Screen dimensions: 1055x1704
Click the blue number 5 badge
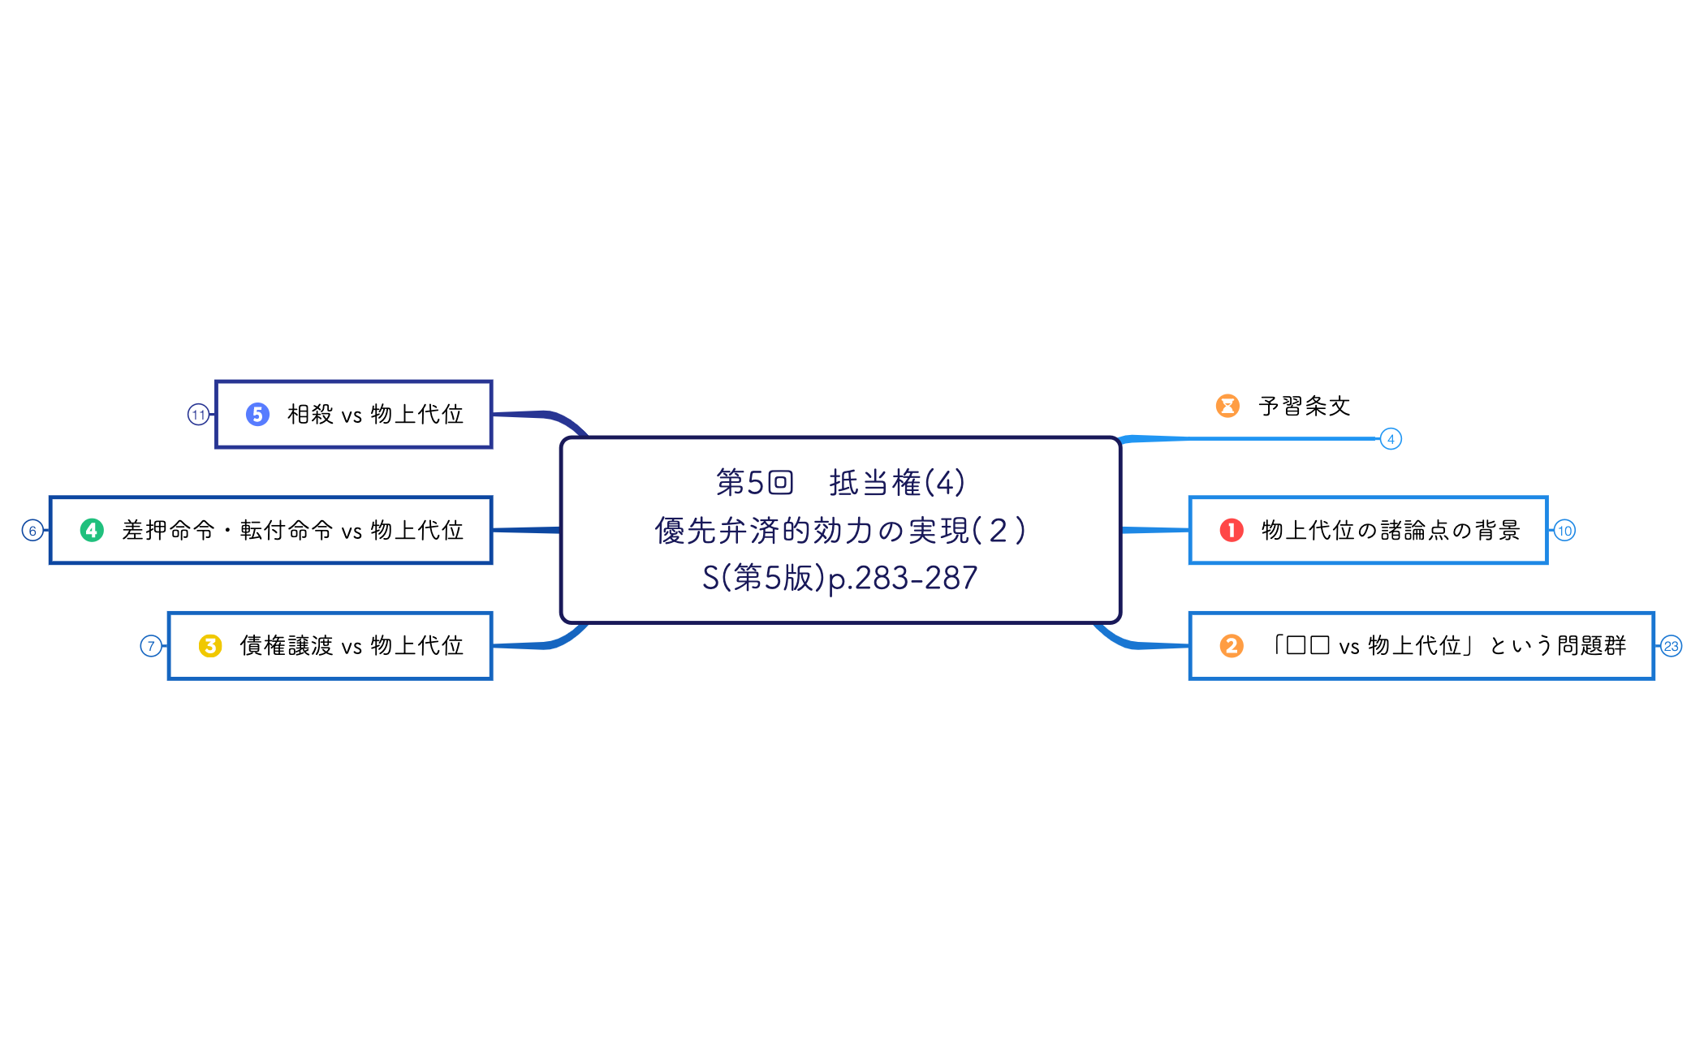(x=257, y=415)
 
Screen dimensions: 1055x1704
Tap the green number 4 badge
(x=92, y=531)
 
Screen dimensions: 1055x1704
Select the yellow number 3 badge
(x=210, y=646)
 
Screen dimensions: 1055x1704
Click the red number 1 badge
(x=1232, y=531)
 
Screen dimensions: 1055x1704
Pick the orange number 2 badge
(x=1232, y=646)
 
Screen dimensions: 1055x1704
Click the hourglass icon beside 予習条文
(x=1227, y=406)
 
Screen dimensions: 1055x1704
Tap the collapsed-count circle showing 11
(x=198, y=415)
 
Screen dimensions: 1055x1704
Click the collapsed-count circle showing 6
(x=32, y=531)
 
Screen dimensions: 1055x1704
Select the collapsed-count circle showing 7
(x=151, y=646)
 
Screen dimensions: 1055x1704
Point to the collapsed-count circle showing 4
(x=1391, y=439)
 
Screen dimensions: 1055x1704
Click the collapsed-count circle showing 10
(x=1564, y=531)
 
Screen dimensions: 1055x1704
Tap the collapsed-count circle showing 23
(x=1671, y=646)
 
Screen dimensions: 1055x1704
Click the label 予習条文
(x=1304, y=406)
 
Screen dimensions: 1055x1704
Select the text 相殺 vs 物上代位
(x=375, y=415)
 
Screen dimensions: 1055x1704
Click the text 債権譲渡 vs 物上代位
(x=352, y=646)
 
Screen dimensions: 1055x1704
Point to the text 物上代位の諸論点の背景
(x=1390, y=531)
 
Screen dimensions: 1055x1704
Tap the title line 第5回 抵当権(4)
(x=840, y=483)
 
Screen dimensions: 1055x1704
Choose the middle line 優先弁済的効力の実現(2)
(x=840, y=531)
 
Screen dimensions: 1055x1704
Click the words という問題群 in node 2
(x=1558, y=646)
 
